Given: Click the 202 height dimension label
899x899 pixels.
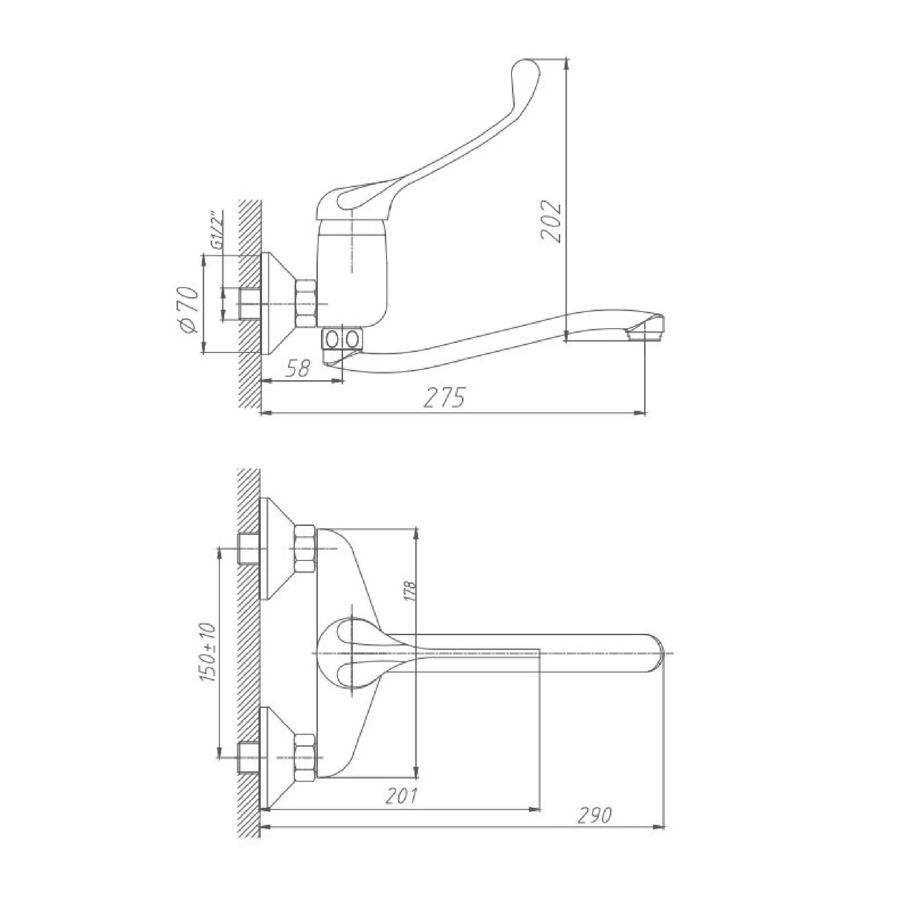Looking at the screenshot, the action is tap(552, 222).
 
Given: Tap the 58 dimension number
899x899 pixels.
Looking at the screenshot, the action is tap(298, 369).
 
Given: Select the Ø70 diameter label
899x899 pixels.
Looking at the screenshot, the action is tap(188, 309).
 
